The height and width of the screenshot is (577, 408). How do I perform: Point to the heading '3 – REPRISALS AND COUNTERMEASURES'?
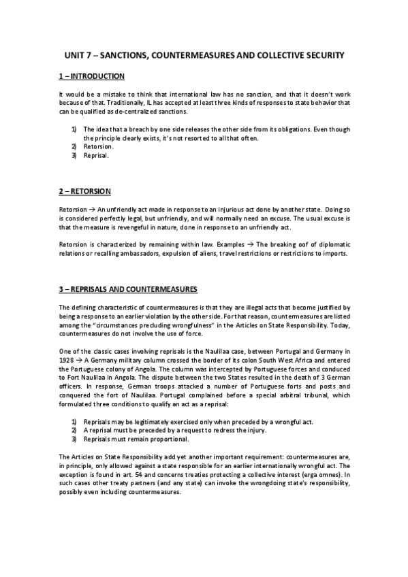(128, 289)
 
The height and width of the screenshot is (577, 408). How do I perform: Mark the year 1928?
(67, 361)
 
